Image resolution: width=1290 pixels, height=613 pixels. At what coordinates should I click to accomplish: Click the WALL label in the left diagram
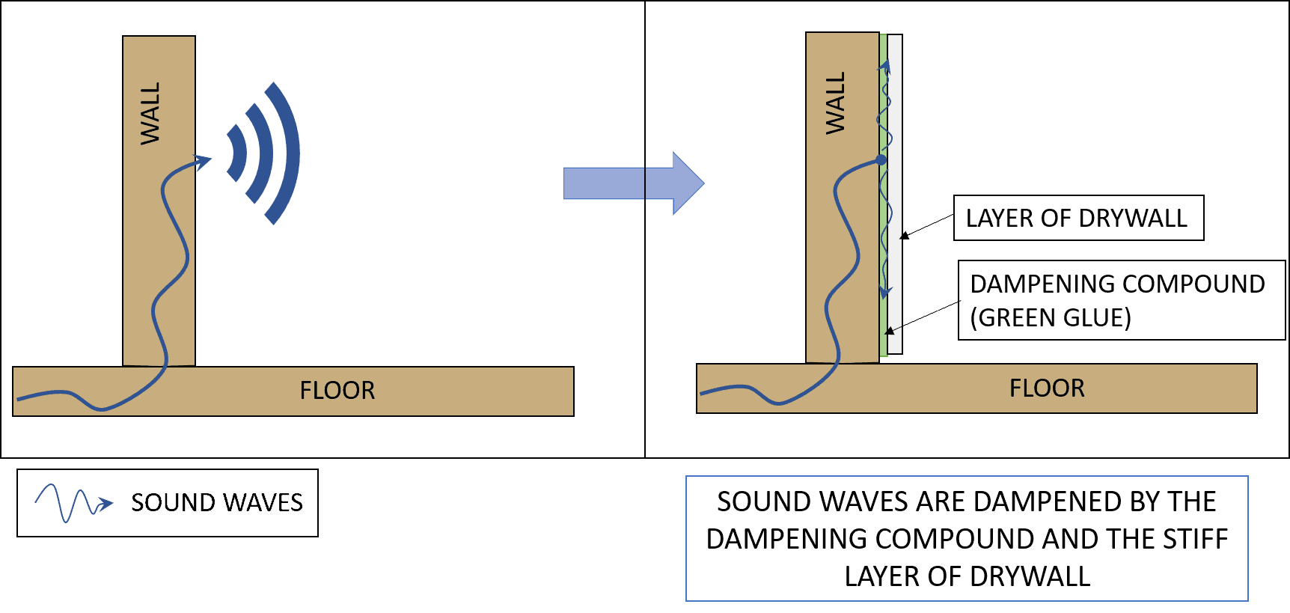(150, 114)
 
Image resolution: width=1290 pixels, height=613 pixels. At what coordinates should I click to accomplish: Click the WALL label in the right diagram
(835, 103)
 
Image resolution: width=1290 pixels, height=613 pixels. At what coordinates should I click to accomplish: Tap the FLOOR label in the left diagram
(337, 391)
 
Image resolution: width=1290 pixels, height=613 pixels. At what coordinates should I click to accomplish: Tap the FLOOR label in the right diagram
(1046, 388)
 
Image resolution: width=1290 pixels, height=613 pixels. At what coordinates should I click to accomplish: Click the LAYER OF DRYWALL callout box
(1077, 218)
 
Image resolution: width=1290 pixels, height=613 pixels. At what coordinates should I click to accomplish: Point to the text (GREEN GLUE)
(1050, 318)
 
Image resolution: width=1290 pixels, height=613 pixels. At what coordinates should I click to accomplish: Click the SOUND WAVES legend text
(216, 502)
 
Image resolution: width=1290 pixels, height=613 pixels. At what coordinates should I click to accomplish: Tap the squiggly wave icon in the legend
(73, 503)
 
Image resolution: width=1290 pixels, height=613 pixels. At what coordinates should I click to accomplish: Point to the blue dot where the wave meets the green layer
(881, 160)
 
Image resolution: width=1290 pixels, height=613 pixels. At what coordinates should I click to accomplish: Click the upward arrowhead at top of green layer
(886, 67)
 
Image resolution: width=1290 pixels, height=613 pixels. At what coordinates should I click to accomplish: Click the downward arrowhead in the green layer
(885, 291)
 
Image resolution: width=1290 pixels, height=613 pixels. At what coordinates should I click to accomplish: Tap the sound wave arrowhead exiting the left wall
(202, 161)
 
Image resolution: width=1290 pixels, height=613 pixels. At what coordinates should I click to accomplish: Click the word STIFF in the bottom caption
(1195, 539)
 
